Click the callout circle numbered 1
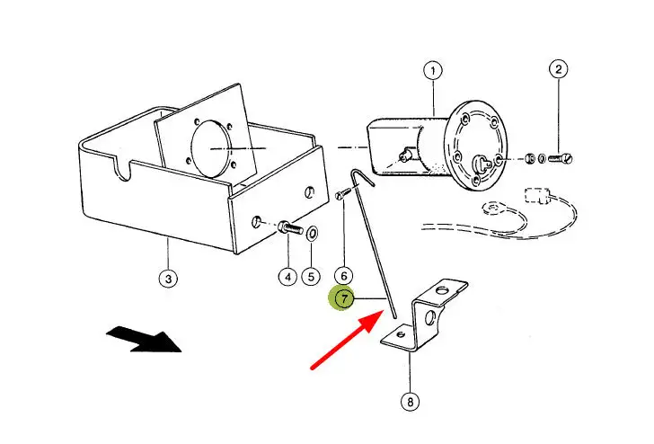click(433, 69)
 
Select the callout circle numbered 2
click(559, 69)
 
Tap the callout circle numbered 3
click(168, 278)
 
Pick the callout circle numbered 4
click(287, 277)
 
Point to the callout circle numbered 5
click(311, 277)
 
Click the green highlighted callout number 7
click(342, 298)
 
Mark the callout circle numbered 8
click(410, 403)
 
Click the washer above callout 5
click(312, 235)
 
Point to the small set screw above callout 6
click(343, 193)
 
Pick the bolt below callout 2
click(561, 159)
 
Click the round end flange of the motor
click(479, 146)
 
